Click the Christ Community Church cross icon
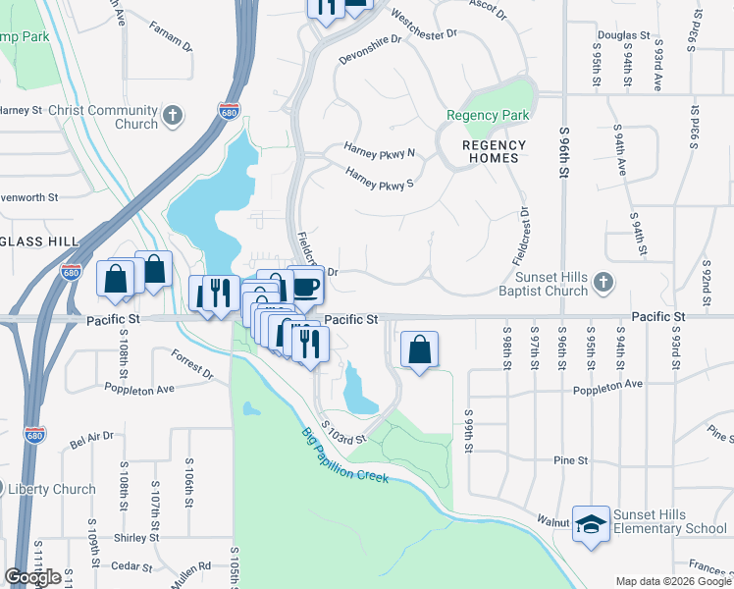tap(174, 117)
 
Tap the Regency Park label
tap(487, 116)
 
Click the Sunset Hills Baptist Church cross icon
tap(604, 284)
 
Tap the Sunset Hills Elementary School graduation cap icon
tap(592, 522)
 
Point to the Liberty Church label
tap(53, 489)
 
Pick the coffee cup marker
tap(306, 286)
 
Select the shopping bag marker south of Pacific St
tap(419, 349)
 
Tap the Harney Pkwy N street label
tap(379, 152)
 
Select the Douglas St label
tap(630, 35)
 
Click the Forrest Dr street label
tap(191, 365)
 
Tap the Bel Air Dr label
tap(92, 438)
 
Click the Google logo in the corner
tap(32, 577)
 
